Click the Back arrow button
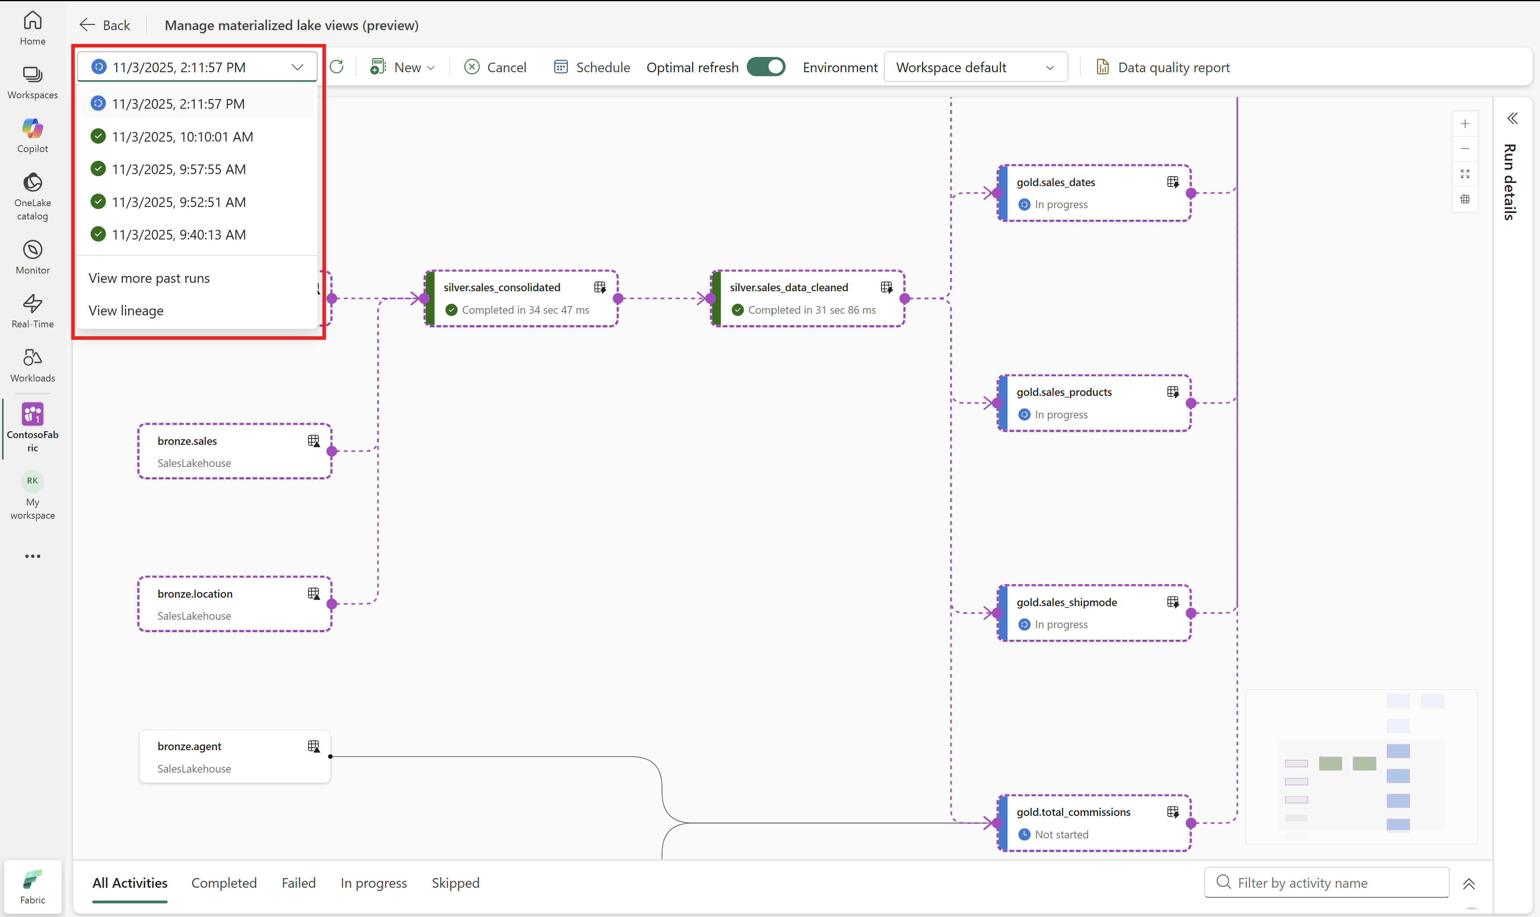point(104,25)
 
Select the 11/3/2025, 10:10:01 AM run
point(182,136)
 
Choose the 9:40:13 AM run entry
point(178,235)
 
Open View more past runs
point(149,278)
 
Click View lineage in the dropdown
point(126,311)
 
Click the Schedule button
point(592,67)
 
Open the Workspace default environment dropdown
point(975,67)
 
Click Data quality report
point(1163,67)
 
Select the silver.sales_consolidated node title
point(502,287)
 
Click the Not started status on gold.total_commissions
point(1061,835)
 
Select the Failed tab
point(298,883)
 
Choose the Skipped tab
point(455,883)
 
